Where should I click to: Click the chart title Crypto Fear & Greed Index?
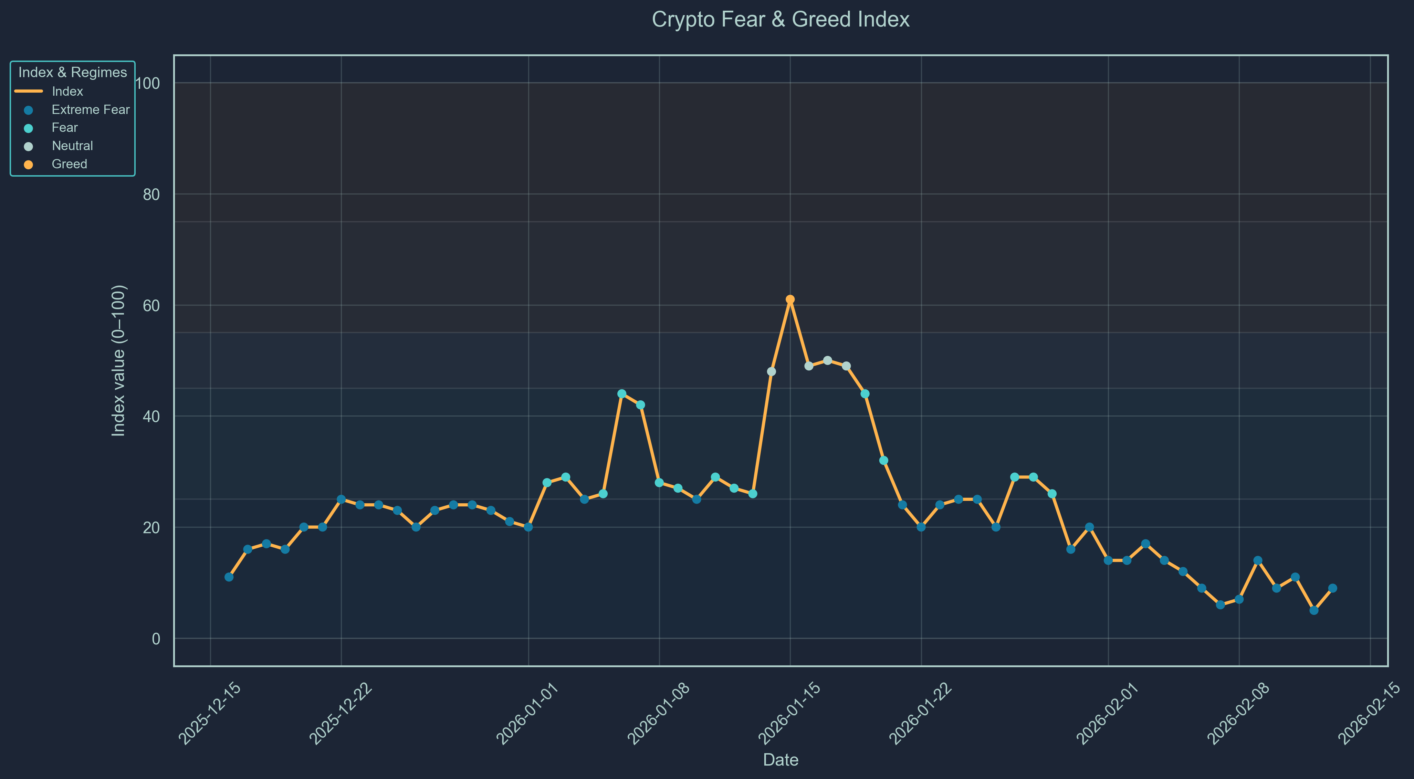coord(780,20)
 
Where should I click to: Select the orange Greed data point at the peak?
coord(790,299)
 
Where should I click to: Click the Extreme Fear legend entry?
coord(90,110)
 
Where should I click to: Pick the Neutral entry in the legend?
coord(72,146)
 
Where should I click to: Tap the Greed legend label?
coord(69,164)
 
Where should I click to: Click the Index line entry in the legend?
coord(67,92)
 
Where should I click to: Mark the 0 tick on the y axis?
coord(156,639)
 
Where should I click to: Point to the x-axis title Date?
coord(780,760)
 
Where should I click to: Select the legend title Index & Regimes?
coord(72,73)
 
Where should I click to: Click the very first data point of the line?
coord(229,577)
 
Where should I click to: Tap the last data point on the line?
coord(1332,588)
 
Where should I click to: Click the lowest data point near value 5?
coord(1313,610)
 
